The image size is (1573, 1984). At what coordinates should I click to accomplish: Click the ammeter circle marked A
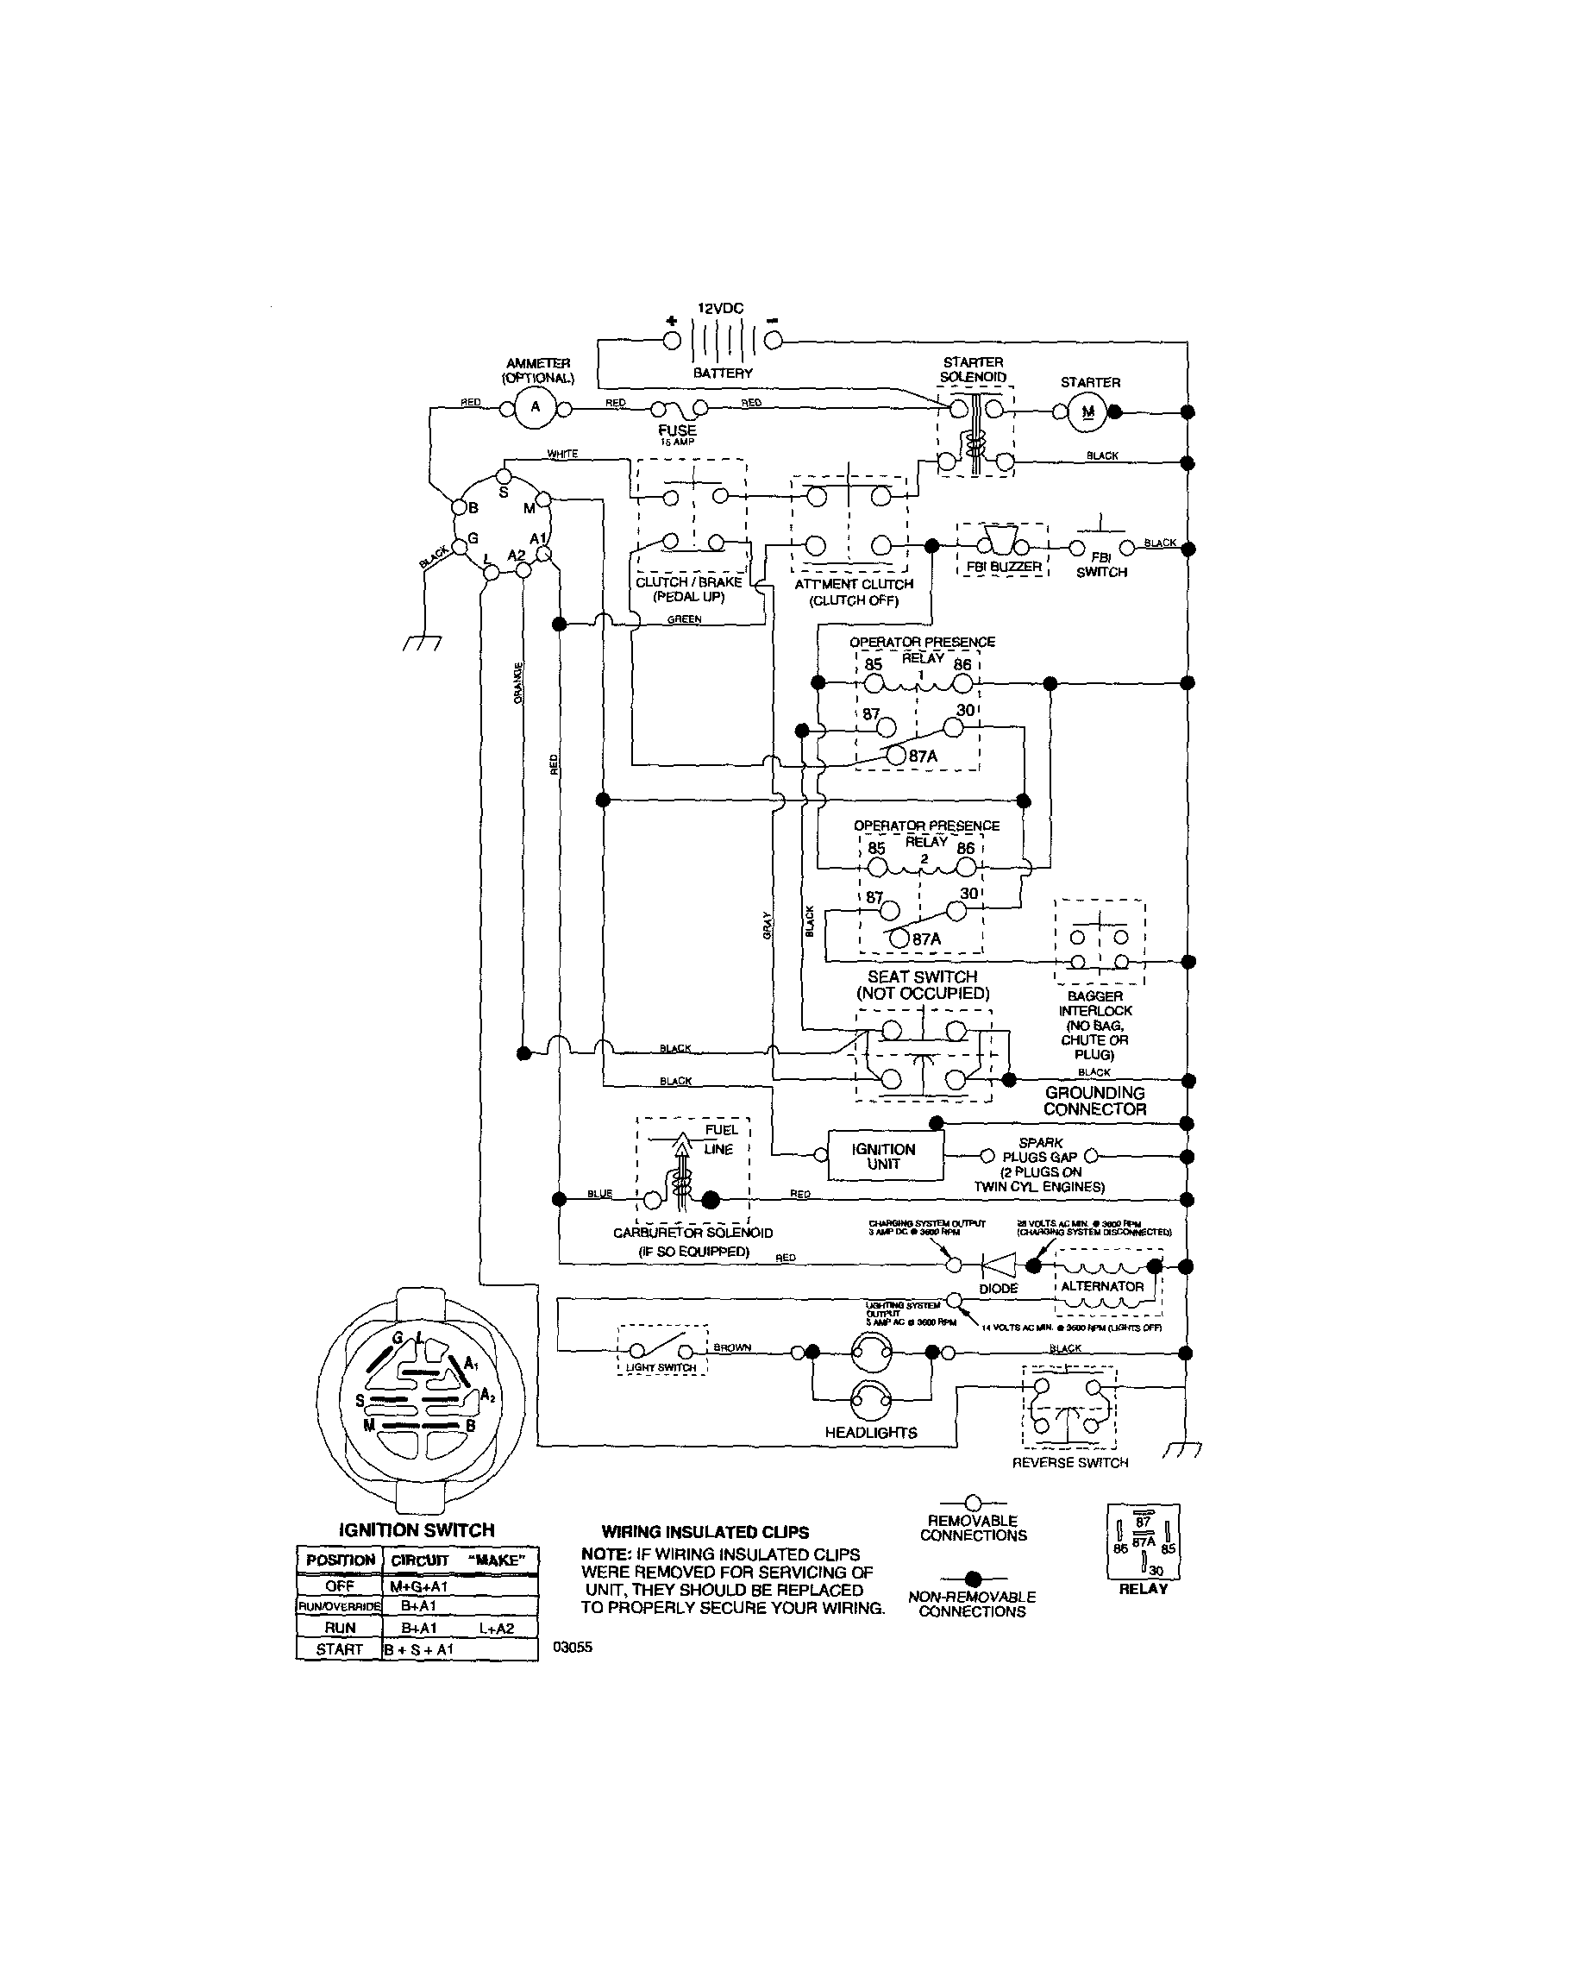[x=535, y=408]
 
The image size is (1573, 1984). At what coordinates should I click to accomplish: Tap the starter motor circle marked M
[x=1088, y=412]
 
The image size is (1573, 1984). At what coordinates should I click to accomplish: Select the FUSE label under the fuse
[x=677, y=430]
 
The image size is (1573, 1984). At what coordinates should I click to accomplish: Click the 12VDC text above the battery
[x=719, y=308]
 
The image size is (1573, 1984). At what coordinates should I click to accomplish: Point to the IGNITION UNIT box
[x=884, y=1156]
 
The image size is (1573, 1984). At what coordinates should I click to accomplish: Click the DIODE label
[x=998, y=1289]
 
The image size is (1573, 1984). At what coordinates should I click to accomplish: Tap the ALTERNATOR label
[x=1102, y=1285]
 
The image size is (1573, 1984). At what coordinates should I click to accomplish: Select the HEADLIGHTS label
[x=870, y=1433]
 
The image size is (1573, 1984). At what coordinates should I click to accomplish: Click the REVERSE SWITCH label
[x=1070, y=1462]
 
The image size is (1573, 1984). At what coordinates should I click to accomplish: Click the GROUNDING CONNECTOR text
[x=1094, y=1101]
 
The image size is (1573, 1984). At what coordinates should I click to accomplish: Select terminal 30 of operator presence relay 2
[x=956, y=911]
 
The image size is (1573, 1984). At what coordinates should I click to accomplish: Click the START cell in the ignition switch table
[x=339, y=1649]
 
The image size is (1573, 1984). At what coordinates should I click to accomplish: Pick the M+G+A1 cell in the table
[x=418, y=1586]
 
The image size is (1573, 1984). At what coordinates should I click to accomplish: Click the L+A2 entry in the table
[x=496, y=1628]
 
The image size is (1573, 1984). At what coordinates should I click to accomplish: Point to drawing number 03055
[x=572, y=1648]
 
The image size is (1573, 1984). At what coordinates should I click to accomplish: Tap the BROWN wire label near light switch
[x=732, y=1347]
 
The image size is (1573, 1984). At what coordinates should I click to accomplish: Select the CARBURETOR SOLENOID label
[x=692, y=1232]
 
